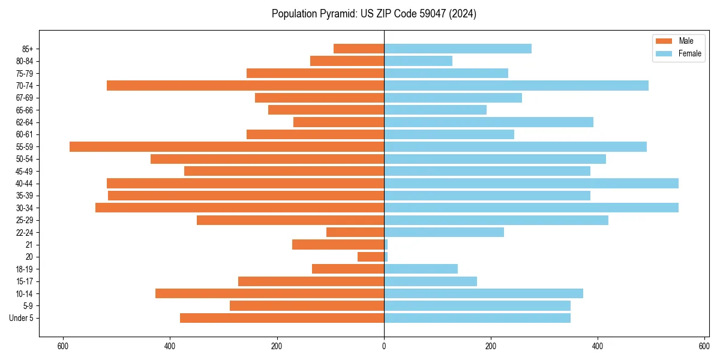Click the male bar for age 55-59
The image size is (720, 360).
tap(227, 146)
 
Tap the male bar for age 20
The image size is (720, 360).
tap(371, 257)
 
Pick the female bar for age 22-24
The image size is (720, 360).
tap(444, 232)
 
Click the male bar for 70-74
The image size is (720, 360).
tap(245, 85)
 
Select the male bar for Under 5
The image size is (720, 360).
tap(282, 318)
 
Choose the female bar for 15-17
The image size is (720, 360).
tap(430, 281)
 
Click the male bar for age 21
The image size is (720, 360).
tap(338, 244)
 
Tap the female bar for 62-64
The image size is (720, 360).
tap(488, 122)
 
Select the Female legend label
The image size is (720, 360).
tap(689, 53)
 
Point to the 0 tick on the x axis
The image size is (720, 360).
tap(384, 346)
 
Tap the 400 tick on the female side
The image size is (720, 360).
tap(598, 346)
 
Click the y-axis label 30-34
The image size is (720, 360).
tap(25, 208)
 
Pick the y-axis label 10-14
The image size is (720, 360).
tap(25, 293)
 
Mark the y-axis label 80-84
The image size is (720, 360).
tap(25, 61)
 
